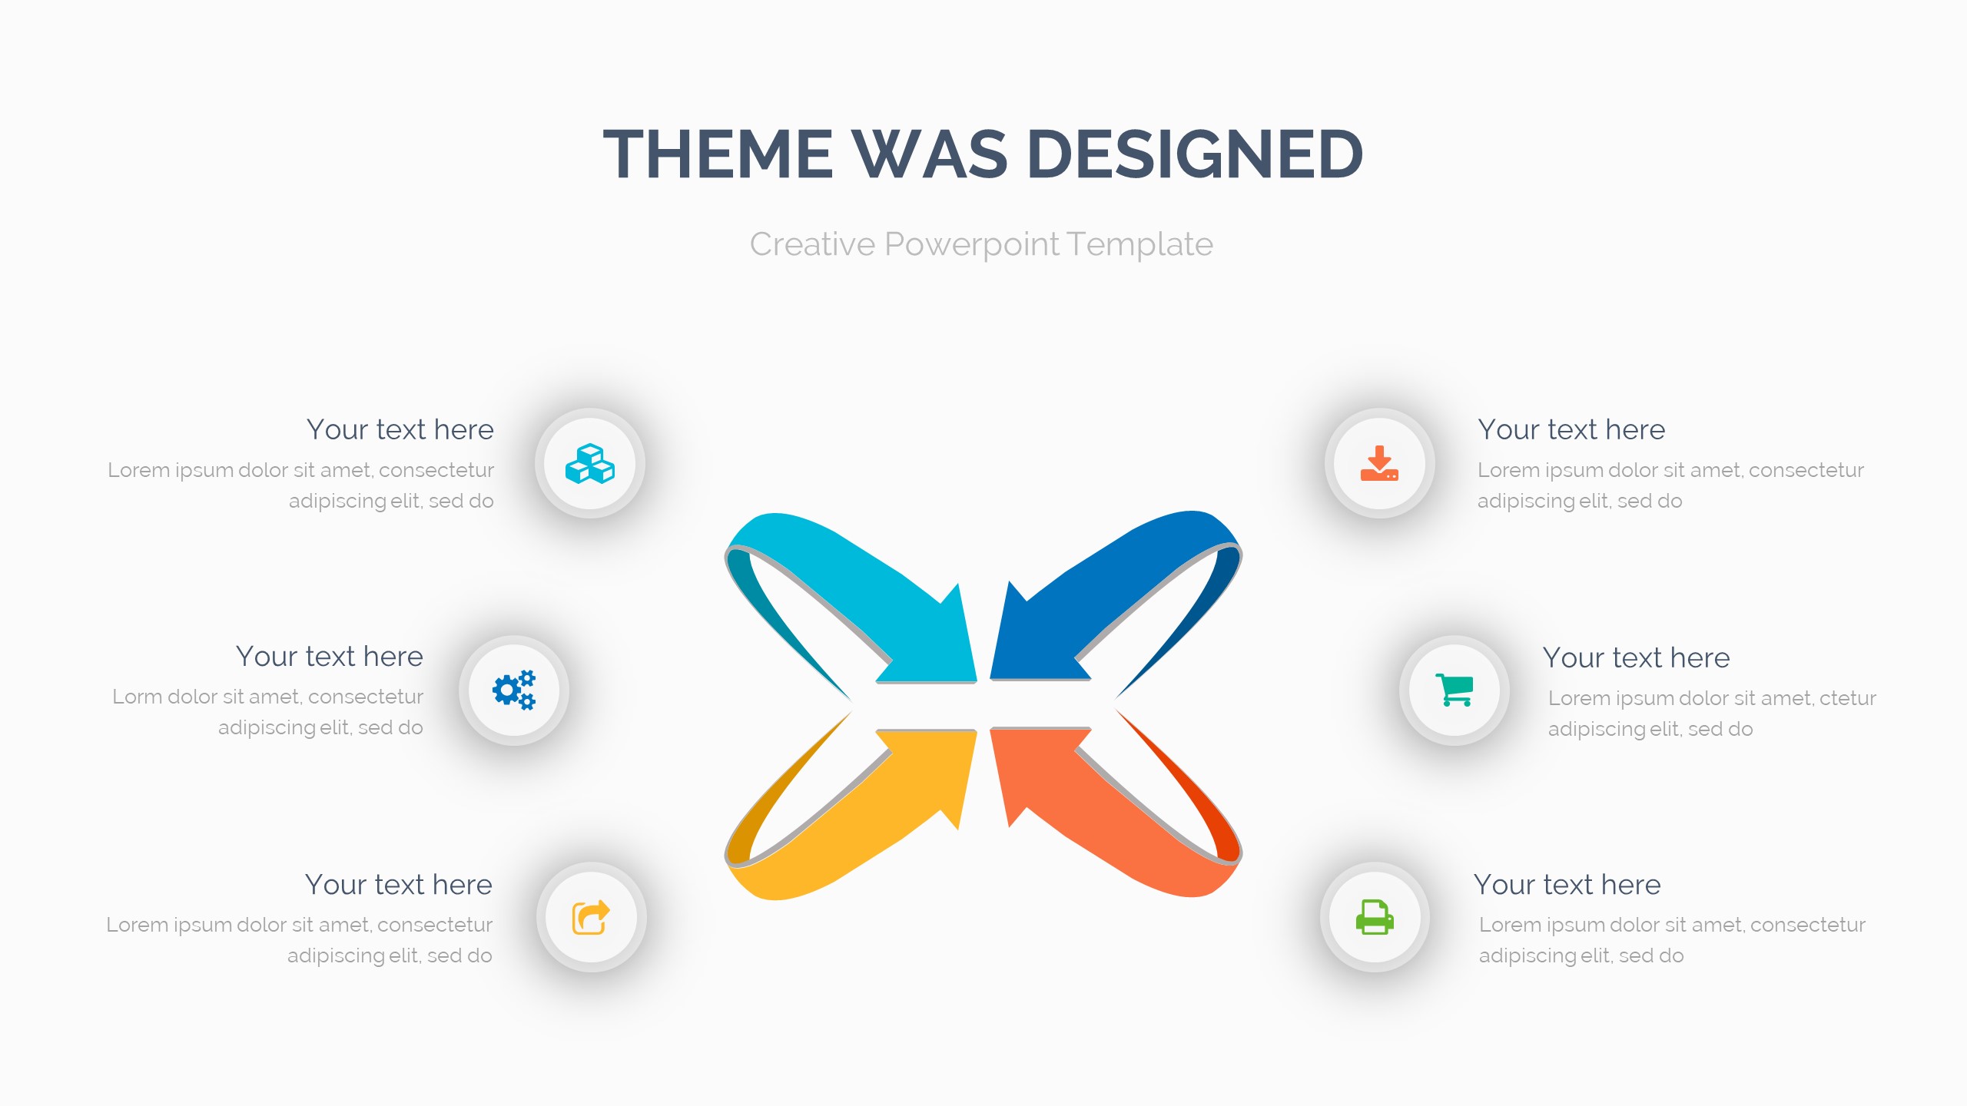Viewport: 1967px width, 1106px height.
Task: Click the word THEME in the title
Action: coord(718,154)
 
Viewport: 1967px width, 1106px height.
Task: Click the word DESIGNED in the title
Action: coord(1195,154)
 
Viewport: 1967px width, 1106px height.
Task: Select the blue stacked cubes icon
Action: coord(590,463)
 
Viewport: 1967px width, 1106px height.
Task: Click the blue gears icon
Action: coord(514,690)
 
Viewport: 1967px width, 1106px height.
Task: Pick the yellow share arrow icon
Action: coord(591,917)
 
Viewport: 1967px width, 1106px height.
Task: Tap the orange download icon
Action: coord(1379,463)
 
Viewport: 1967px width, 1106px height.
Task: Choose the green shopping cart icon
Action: coord(1454,690)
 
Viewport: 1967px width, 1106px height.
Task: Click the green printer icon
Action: coord(1375,917)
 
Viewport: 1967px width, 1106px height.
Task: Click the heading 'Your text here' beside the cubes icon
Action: coord(400,429)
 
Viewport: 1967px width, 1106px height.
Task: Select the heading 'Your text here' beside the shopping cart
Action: coord(1636,657)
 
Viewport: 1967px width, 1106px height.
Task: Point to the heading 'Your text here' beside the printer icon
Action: coord(1567,884)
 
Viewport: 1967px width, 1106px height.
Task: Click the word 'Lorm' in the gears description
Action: coord(137,697)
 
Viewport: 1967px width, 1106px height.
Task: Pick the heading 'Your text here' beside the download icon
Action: coord(1571,429)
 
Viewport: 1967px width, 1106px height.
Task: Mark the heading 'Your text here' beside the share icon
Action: coord(398,884)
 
